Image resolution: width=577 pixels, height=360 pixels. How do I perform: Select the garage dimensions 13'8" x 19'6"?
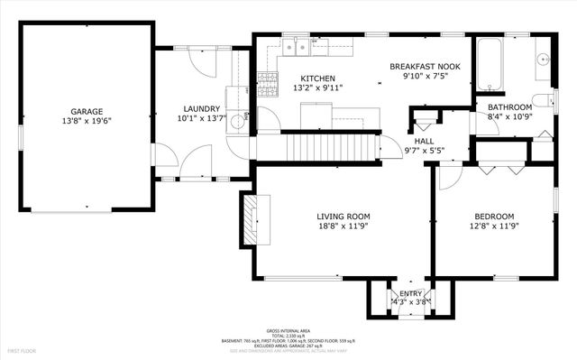click(x=87, y=120)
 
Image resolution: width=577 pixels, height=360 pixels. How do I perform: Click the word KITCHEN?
click(x=317, y=78)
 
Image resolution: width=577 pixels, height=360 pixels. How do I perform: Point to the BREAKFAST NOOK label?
click(x=426, y=67)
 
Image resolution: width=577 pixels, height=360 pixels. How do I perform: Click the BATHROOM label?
click(x=510, y=107)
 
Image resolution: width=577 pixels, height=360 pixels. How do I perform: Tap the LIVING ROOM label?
click(x=343, y=217)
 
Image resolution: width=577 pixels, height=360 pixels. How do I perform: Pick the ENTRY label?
click(x=410, y=293)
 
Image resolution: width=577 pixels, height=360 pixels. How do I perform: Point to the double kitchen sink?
click(x=305, y=44)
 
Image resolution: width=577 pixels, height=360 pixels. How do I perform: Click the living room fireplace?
click(x=249, y=218)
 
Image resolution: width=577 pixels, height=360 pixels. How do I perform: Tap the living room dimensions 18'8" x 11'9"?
click(x=343, y=226)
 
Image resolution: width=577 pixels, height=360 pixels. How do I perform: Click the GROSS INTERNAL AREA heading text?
click(x=288, y=330)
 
